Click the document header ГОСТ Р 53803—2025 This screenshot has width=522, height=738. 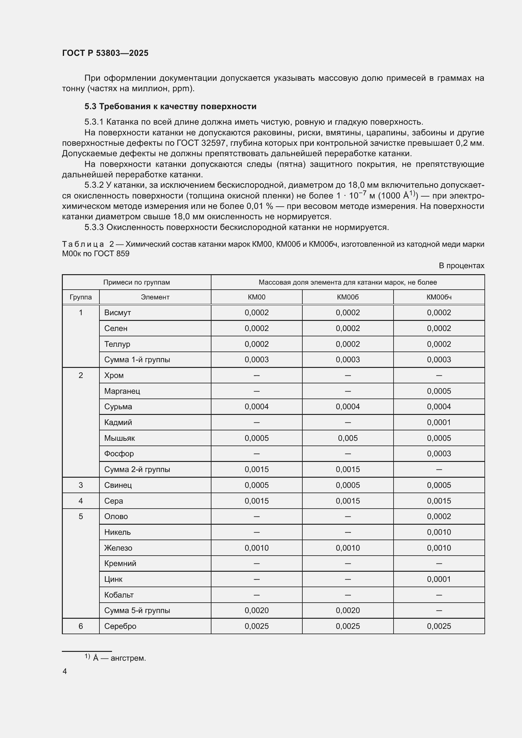click(x=105, y=53)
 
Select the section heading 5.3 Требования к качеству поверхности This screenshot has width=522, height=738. click(x=170, y=106)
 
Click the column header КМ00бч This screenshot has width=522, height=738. click(x=439, y=297)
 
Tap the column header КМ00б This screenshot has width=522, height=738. click(x=347, y=297)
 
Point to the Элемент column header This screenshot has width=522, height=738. click(x=155, y=297)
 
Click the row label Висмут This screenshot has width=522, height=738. click(x=117, y=312)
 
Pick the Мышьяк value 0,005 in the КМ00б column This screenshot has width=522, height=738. click(x=347, y=438)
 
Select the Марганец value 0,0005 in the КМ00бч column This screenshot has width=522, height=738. click(x=439, y=391)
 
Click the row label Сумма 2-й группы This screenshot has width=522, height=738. click(x=137, y=469)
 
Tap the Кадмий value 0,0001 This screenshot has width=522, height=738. click(x=439, y=422)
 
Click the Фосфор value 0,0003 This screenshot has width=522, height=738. click(x=439, y=453)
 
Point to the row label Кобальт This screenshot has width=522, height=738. click(x=119, y=595)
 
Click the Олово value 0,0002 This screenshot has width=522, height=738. click(x=439, y=517)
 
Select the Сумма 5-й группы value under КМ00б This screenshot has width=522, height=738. click(x=347, y=611)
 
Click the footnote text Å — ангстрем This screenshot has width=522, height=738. click(x=119, y=658)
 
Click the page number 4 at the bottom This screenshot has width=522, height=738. click(x=65, y=671)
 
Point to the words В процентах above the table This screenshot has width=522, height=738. click(x=461, y=265)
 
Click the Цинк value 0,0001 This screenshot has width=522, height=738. click(x=439, y=579)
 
